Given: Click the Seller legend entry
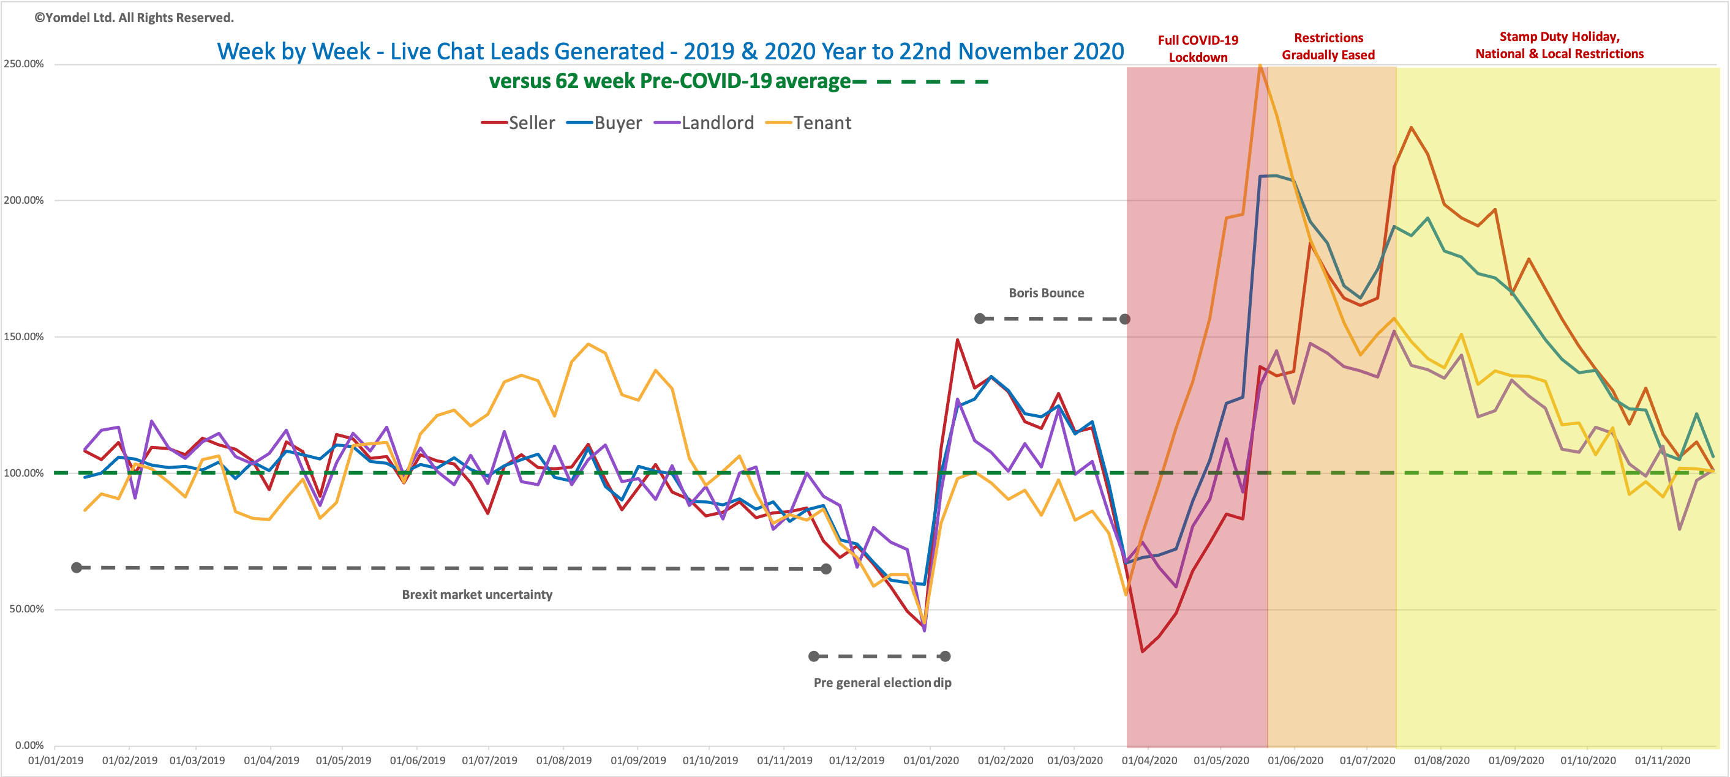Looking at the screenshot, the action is tap(519, 123).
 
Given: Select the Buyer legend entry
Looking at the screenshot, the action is tap(604, 123).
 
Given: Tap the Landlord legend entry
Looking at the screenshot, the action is tap(704, 123).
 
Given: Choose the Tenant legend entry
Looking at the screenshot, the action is tap(808, 123).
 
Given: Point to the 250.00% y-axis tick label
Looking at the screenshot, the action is tap(23, 64).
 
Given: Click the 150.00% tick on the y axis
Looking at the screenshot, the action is tap(23, 336).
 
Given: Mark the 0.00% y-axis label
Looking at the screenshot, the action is tap(29, 745).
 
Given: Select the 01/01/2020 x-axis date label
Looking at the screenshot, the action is tap(931, 760).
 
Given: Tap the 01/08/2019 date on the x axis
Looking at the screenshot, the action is tap(563, 760).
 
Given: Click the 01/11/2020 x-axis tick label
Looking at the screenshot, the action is tap(1662, 760).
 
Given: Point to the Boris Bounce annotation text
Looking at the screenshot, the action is tap(1047, 292).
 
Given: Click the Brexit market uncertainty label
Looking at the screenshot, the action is tap(477, 595).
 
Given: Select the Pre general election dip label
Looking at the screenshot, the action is tap(882, 682).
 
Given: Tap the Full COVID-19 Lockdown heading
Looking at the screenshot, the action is tap(1198, 48).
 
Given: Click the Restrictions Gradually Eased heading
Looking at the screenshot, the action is tap(1328, 46).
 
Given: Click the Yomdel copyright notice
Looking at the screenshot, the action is tap(134, 18).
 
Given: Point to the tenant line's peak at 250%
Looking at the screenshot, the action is tap(1260, 65).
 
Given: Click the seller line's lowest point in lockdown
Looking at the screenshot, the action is tap(1142, 651).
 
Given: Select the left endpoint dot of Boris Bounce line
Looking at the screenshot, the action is tap(980, 318).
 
